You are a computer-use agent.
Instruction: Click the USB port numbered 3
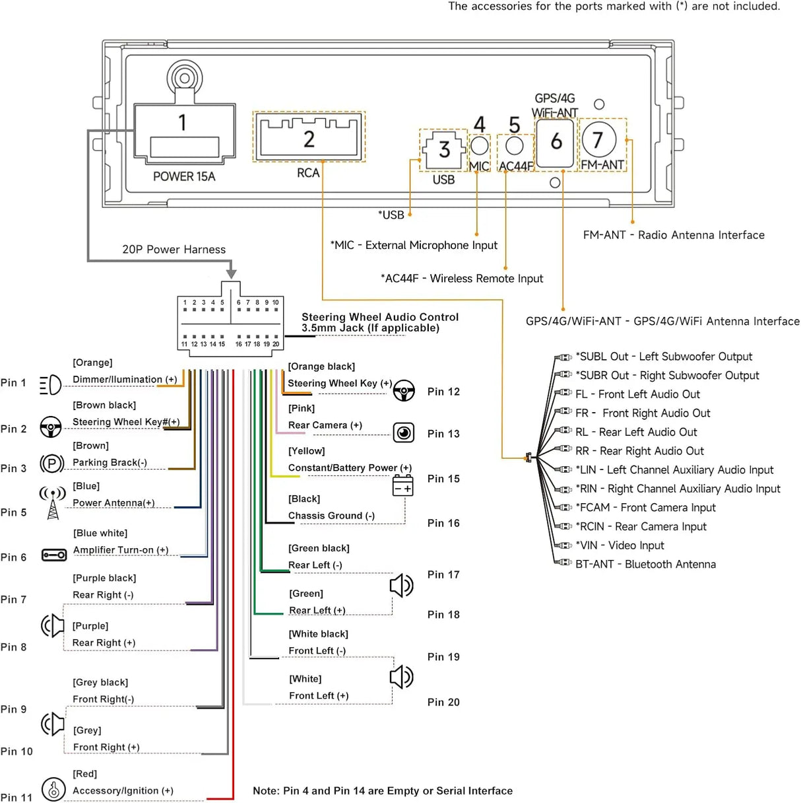click(x=444, y=150)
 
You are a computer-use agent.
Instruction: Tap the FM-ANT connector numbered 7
click(x=598, y=139)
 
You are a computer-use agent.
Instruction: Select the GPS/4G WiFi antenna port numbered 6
click(x=556, y=143)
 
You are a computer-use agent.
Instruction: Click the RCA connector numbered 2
click(x=309, y=137)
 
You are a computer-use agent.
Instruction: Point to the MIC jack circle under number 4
click(x=480, y=146)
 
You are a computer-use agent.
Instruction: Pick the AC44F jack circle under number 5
click(x=515, y=146)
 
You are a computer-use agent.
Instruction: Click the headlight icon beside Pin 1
click(x=50, y=384)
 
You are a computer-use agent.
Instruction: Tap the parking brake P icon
click(x=52, y=464)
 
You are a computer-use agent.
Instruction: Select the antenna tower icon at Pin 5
click(x=53, y=502)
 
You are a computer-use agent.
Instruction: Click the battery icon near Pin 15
click(x=402, y=486)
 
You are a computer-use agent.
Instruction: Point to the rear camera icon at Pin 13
click(x=403, y=433)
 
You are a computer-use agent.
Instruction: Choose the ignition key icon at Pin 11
click(x=53, y=789)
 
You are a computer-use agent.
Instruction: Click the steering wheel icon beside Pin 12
click(x=404, y=391)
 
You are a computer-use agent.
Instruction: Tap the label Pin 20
click(x=443, y=702)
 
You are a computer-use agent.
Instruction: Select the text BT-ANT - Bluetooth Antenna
click(x=646, y=564)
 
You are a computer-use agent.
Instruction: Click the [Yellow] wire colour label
click(x=307, y=451)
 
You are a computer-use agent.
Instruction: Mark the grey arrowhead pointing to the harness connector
click(x=231, y=274)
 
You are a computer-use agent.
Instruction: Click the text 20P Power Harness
click(x=174, y=249)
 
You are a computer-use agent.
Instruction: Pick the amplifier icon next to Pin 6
click(x=54, y=555)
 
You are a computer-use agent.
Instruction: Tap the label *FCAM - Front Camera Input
click(x=646, y=508)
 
